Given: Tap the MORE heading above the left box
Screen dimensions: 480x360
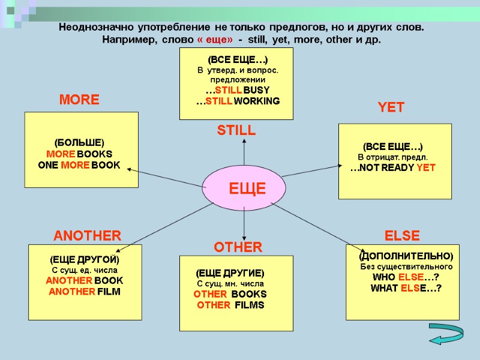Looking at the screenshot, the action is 79,100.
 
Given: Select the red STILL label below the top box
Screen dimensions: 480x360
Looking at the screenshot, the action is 236,130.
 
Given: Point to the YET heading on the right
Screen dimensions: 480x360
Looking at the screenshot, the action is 391,108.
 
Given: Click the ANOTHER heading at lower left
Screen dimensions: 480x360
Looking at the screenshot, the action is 88,235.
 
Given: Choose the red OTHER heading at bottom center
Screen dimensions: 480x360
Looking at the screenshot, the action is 238,247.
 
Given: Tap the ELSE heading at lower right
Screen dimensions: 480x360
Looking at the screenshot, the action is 402,235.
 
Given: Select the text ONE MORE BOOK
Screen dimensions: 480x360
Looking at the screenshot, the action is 79,165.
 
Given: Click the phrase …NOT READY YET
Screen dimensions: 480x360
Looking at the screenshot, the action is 393,168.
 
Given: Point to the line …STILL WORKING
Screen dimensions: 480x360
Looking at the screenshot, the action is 238,101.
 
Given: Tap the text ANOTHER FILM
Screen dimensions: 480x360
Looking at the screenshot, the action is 84,292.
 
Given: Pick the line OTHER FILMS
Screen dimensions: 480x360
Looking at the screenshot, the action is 230,305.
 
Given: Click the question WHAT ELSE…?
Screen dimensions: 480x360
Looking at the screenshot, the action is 406,289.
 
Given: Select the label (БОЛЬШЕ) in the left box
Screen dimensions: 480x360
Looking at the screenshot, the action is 79,143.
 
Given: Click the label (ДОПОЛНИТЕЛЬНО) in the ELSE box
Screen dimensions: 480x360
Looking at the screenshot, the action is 406,256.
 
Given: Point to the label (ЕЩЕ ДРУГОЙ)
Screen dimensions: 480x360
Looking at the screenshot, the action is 84,260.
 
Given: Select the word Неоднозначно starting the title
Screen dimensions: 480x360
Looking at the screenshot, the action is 97,28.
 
